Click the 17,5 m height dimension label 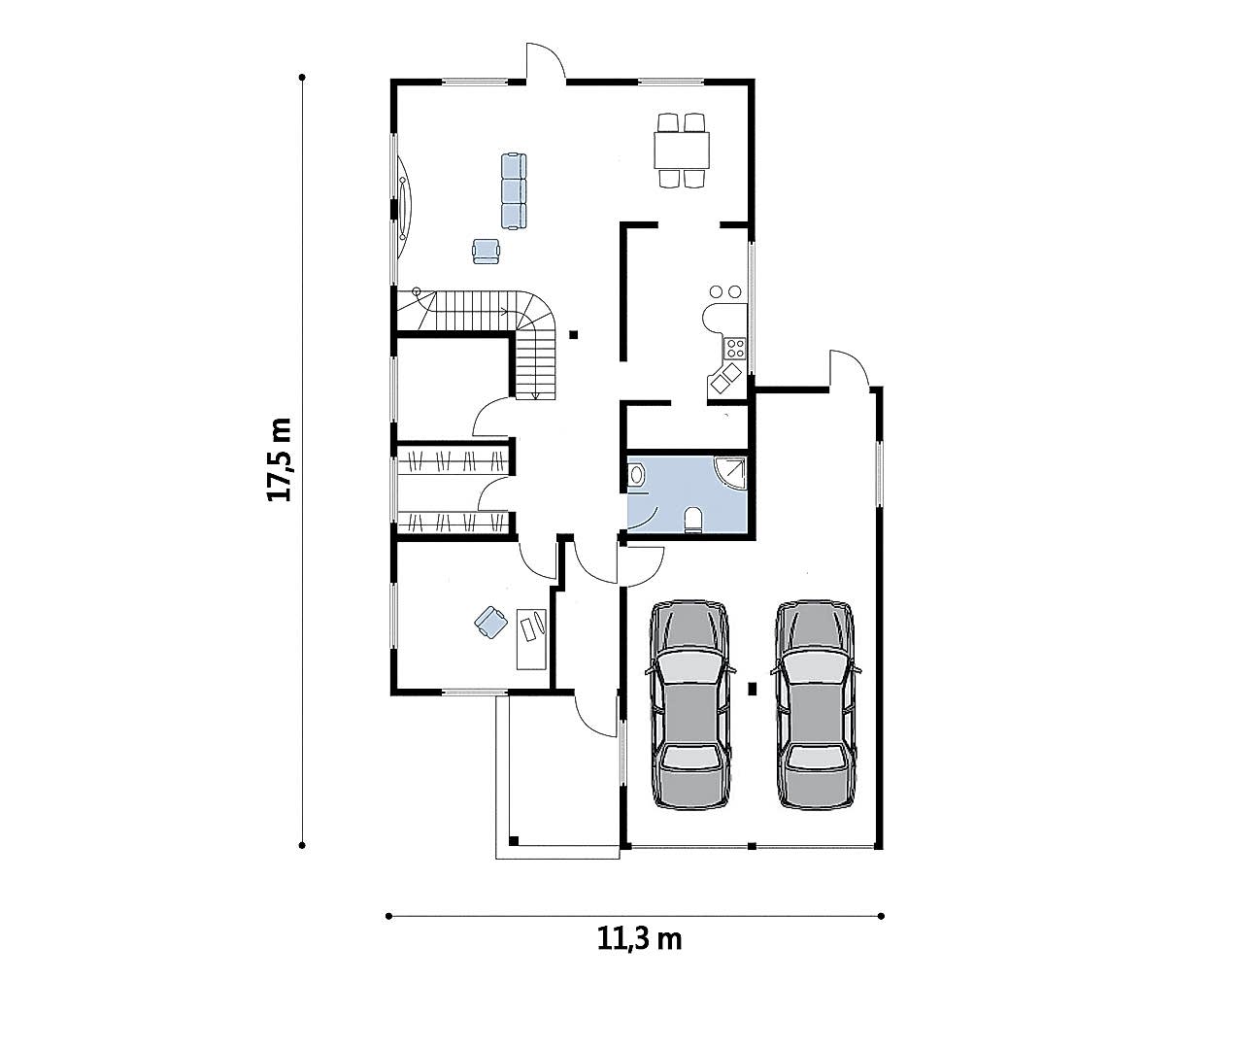[x=280, y=459]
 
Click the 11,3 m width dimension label [x=639, y=939]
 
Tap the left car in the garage [x=690, y=705]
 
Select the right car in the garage [x=816, y=705]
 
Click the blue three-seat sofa [x=514, y=190]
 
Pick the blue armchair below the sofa [x=486, y=252]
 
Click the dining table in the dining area [x=682, y=151]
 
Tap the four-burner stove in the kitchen [x=735, y=348]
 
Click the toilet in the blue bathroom [x=692, y=519]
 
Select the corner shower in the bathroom [x=731, y=473]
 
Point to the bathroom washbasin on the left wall [x=636, y=475]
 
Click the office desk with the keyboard [x=531, y=639]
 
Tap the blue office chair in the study [x=491, y=623]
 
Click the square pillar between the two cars [x=753, y=690]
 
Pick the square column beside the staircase [x=573, y=334]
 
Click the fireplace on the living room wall [x=404, y=206]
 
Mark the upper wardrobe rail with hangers [x=453, y=460]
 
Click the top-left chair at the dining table [x=667, y=122]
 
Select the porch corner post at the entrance [x=514, y=841]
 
